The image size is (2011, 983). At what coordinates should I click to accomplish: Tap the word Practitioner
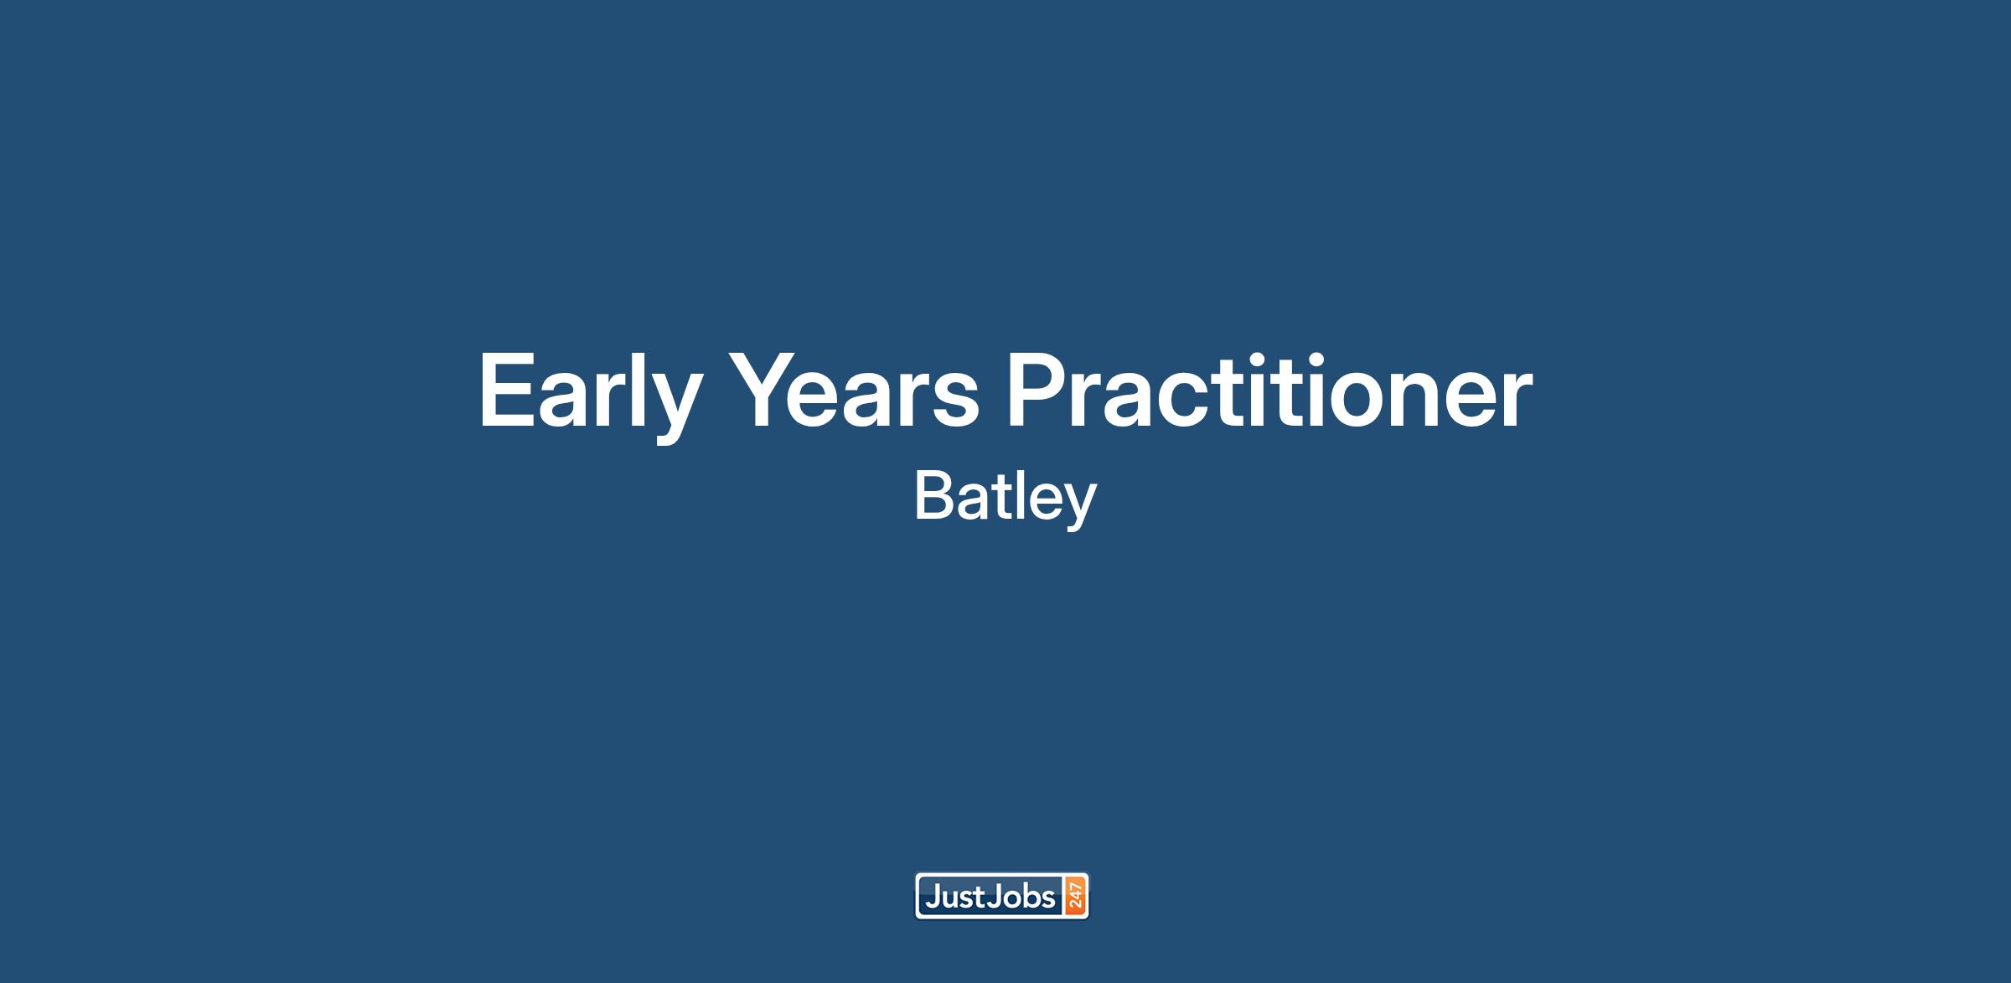[x=1269, y=389]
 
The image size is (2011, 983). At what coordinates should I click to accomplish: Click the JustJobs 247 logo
[x=1002, y=897]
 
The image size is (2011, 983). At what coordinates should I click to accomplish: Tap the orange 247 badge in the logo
[x=1076, y=897]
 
